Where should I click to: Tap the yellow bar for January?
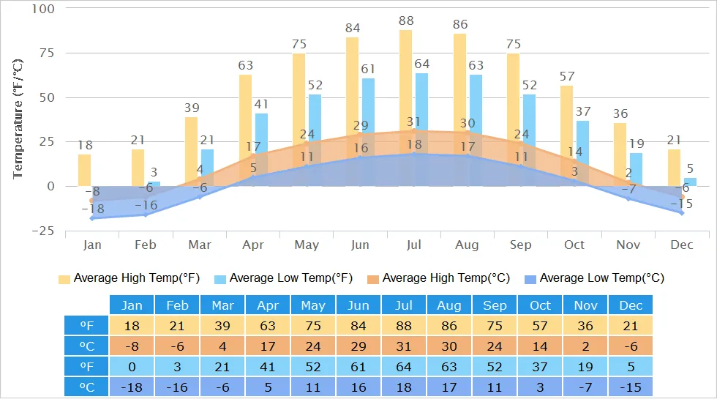[x=85, y=170]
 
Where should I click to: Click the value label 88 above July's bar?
[x=406, y=21]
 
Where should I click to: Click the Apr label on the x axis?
[x=253, y=245]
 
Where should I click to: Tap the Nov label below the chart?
[x=628, y=245]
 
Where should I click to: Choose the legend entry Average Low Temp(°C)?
[x=594, y=278]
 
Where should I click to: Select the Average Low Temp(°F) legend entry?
[x=284, y=278]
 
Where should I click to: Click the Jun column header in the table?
[x=359, y=305]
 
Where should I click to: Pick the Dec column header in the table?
[x=630, y=305]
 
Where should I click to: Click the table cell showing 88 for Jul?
[x=405, y=325]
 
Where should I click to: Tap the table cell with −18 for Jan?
[x=132, y=386]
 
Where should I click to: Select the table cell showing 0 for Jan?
[x=132, y=365]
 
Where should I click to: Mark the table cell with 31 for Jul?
[x=405, y=346]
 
